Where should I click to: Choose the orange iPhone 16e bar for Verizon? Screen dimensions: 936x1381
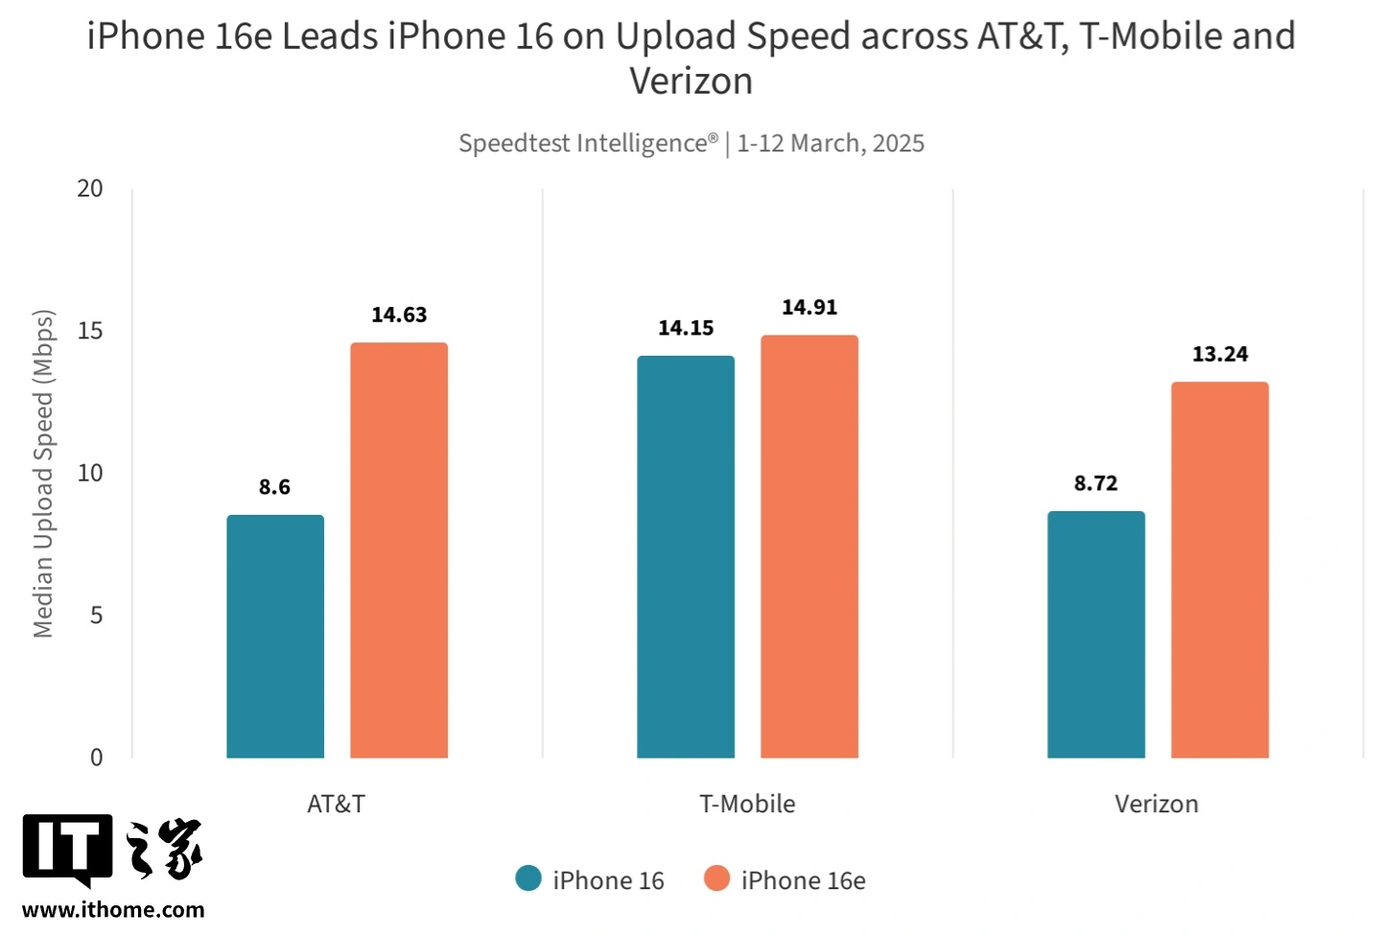pyautogui.click(x=1220, y=570)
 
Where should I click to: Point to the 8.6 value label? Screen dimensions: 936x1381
pyautogui.click(x=274, y=487)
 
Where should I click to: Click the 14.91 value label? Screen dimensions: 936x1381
pyautogui.click(x=809, y=307)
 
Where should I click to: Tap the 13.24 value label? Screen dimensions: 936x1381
pyautogui.click(x=1220, y=354)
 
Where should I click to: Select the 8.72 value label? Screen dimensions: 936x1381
pyautogui.click(x=1096, y=483)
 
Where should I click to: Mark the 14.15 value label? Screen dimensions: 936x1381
pyautogui.click(x=686, y=328)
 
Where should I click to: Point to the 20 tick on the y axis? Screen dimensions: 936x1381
pyautogui.click(x=90, y=188)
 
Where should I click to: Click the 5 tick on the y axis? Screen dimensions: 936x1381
pyautogui.click(x=96, y=615)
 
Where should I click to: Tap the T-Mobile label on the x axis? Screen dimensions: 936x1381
pyautogui.click(x=747, y=804)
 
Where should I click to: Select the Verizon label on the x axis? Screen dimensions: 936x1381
pyautogui.click(x=1157, y=804)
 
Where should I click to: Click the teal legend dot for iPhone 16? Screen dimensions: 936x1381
pyautogui.click(x=528, y=878)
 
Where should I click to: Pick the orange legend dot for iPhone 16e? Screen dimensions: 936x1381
pyautogui.click(x=716, y=878)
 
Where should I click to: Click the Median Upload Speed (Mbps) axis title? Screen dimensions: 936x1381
pyautogui.click(x=43, y=474)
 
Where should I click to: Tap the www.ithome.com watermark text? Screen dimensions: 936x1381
pyautogui.click(x=113, y=909)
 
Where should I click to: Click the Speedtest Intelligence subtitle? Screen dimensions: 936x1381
pyautogui.click(x=690, y=143)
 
